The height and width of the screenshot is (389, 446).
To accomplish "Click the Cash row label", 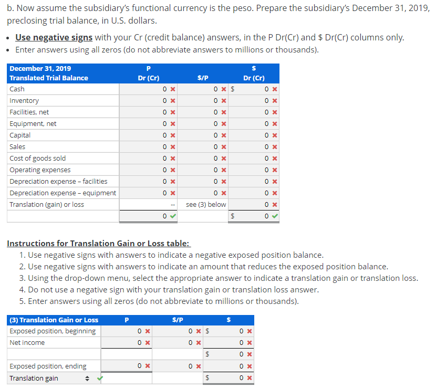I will coord(17,89).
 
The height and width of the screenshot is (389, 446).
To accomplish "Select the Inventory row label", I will coord(24,101).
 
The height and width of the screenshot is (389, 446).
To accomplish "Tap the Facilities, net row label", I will coord(29,112).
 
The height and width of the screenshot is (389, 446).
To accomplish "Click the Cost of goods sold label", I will coord(38,159).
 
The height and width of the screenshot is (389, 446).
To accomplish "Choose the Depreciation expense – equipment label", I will coord(63,193).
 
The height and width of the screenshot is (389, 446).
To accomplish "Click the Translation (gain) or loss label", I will coord(47,205).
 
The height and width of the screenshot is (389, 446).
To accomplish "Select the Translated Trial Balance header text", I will coord(49,78).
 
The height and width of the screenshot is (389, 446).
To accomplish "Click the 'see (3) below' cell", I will coord(206,205).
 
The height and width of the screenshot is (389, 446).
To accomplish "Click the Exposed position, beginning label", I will coord(53,331).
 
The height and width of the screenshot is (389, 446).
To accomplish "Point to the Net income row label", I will coord(27,343).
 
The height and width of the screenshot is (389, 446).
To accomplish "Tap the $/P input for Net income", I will coord(184,343).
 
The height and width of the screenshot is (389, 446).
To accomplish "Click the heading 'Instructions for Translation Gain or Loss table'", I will coord(98,244).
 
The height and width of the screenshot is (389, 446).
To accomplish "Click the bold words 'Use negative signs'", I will coord(54,38).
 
